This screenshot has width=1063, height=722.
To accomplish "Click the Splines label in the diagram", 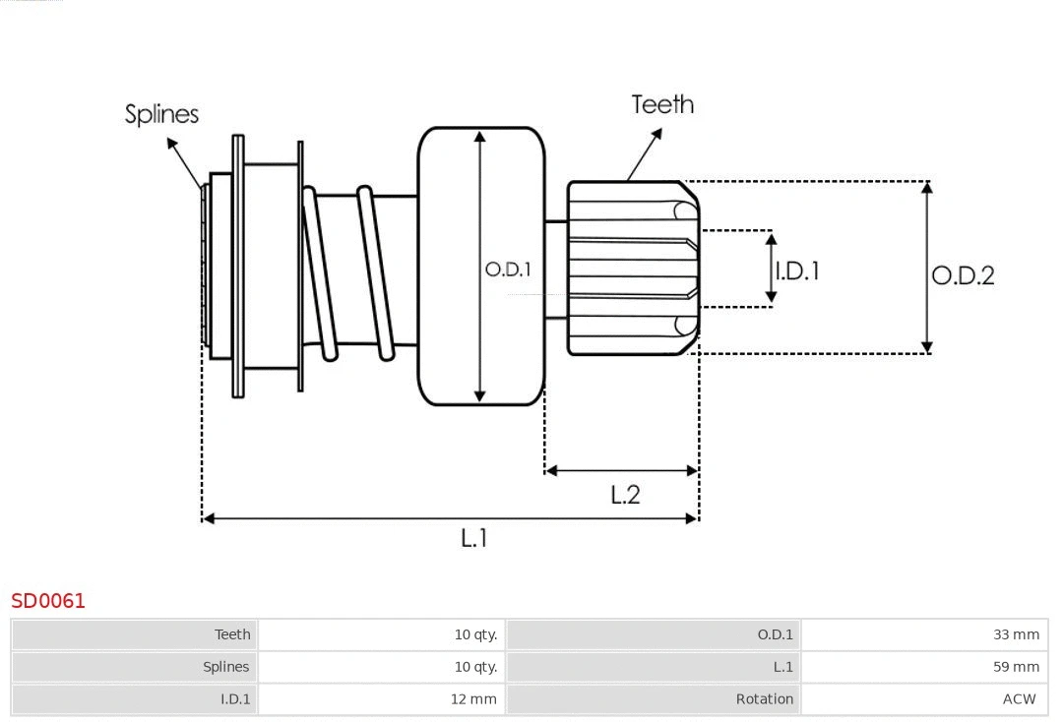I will (161, 114).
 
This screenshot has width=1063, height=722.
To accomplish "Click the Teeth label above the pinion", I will (662, 104).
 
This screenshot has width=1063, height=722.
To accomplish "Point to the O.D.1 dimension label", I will (508, 269).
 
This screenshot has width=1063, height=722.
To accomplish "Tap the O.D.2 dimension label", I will (963, 275).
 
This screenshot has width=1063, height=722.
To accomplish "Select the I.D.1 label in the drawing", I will (797, 271).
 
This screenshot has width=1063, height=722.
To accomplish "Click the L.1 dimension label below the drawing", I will (474, 538).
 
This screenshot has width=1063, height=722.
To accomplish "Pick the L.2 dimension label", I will (625, 494).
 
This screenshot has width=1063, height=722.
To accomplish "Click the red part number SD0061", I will (48, 601).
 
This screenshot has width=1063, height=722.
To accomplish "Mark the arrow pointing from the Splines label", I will (186, 162).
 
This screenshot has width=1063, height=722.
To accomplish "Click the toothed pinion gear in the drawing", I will (630, 268).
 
